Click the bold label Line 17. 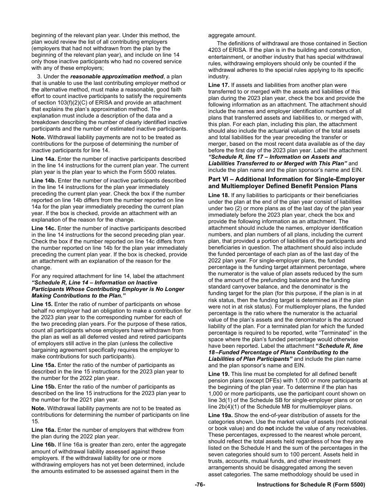(219, 85)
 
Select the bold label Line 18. (219, 195)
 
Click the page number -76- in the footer (200, 484)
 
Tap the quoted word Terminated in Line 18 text (328, 333)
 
